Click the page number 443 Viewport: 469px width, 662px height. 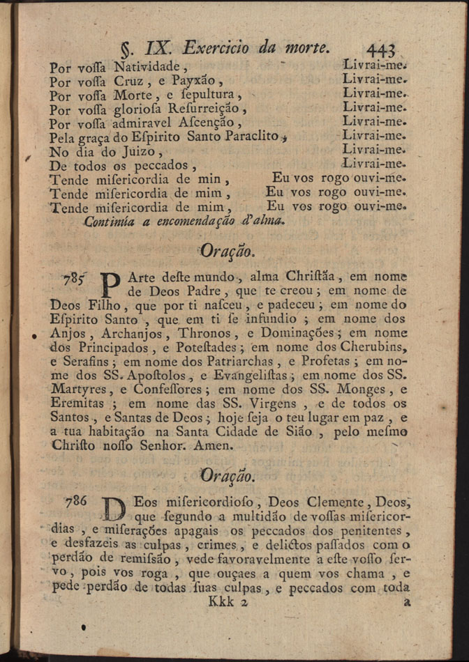click(380, 49)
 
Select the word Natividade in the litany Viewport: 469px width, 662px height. click(149, 68)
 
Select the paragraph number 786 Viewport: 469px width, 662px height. click(76, 501)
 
